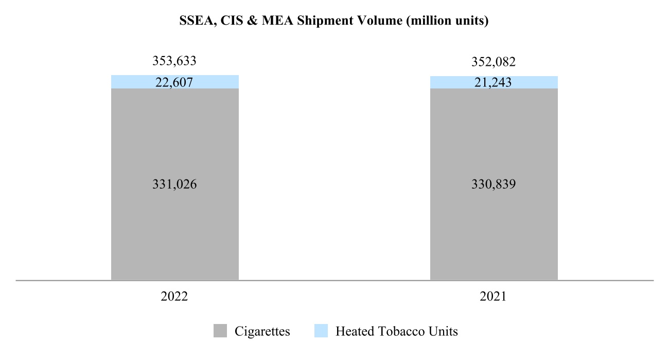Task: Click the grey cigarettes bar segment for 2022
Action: click(174, 231)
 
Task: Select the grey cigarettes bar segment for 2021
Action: click(494, 231)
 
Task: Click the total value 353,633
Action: click(174, 62)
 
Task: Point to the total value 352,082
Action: click(494, 62)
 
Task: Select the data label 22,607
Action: click(174, 82)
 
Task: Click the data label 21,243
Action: click(494, 83)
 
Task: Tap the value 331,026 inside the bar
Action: click(174, 184)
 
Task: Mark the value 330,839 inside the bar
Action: click(494, 184)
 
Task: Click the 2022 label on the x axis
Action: click(174, 297)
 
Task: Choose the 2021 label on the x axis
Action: click(494, 297)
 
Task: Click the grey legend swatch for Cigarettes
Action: click(220, 331)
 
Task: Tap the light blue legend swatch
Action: click(321, 331)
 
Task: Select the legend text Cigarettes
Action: click(262, 331)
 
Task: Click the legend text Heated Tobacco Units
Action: click(396, 331)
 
